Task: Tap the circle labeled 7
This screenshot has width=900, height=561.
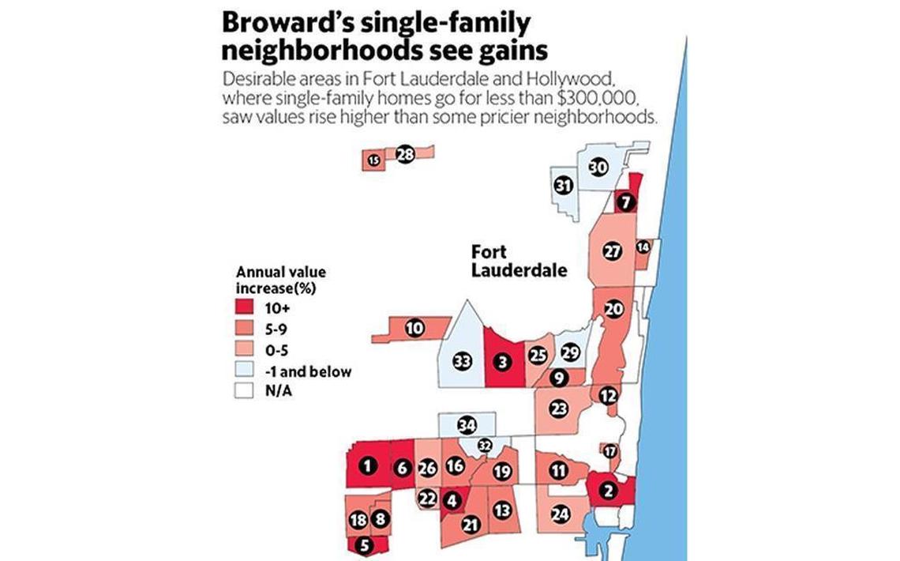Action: pyautogui.click(x=625, y=201)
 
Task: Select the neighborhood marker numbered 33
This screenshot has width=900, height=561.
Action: pyautogui.click(x=463, y=362)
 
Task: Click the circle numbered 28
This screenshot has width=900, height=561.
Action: pyautogui.click(x=405, y=155)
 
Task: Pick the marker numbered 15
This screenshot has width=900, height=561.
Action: pyautogui.click(x=374, y=160)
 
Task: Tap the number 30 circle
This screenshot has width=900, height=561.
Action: pyautogui.click(x=598, y=168)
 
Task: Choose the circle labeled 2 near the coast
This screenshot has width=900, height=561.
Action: pyautogui.click(x=607, y=490)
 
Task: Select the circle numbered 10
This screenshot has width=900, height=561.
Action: pyautogui.click(x=414, y=328)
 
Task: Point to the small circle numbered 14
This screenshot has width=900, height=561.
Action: pyautogui.click(x=643, y=247)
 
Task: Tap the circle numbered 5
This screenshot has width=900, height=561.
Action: pyautogui.click(x=364, y=544)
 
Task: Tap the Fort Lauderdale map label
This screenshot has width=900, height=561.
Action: pyautogui.click(x=519, y=261)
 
